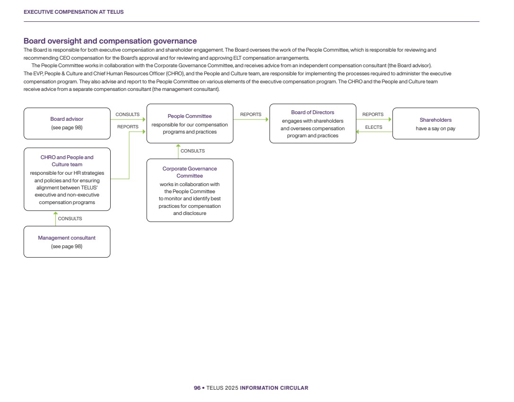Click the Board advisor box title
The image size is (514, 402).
pos(67,119)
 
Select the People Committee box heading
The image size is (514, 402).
pos(190,116)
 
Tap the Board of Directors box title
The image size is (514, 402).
pos(313,113)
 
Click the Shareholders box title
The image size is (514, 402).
pos(436,120)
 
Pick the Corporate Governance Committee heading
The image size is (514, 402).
pos(190,172)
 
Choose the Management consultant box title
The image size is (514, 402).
pos(67,238)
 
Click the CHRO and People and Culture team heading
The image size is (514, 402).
pos(67,161)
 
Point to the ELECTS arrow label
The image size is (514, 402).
pos(374,127)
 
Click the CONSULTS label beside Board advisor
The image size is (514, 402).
pos(127,115)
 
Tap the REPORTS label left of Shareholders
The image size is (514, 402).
pos(373,115)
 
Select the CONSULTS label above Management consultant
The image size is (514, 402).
pos(70,219)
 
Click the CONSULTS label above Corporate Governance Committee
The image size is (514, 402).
pos(193,151)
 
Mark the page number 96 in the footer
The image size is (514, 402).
pos(197,388)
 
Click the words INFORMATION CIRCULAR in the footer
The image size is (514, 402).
pos(274,388)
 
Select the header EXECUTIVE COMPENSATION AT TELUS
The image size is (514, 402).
pos(73,12)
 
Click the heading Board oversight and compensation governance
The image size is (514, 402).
pos(110,42)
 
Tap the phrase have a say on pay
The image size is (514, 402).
pos(436,129)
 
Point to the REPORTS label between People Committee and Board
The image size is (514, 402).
pos(251,115)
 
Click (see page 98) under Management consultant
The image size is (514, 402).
pos(67,246)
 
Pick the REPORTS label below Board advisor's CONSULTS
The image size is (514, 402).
pos(128,127)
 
